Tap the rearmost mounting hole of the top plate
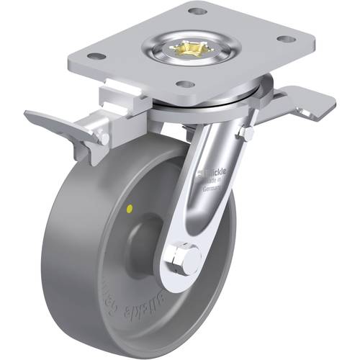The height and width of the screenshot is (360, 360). pyautogui.click(x=193, y=11)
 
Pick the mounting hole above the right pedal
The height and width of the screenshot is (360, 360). pyautogui.click(x=285, y=39)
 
